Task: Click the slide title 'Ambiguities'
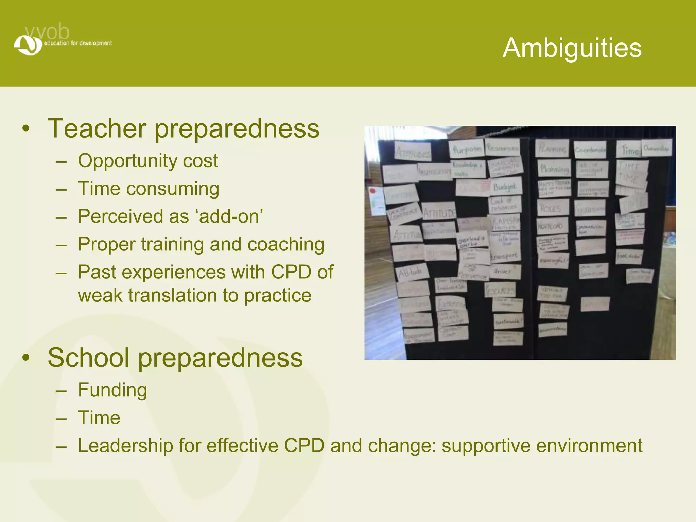coord(572,48)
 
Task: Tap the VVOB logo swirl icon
coord(28,45)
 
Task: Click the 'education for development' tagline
coord(78,43)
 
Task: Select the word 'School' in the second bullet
coord(88,358)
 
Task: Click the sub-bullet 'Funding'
coord(112,390)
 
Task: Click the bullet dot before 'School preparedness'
coord(26,358)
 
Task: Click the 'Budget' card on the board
coord(505,187)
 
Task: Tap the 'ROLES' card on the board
coord(552,208)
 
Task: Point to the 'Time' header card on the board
coord(629,150)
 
